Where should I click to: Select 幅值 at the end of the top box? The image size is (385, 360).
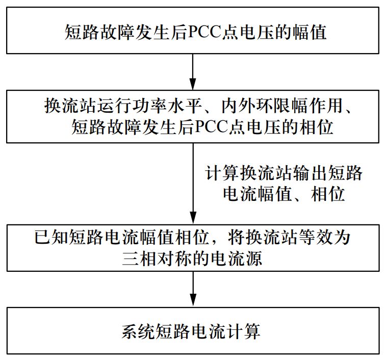[309, 33]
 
